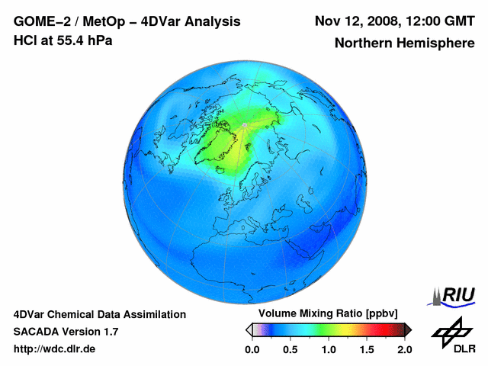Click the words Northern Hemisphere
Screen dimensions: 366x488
(x=404, y=43)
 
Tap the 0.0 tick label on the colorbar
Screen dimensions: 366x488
(x=252, y=349)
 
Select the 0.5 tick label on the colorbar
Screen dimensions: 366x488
(x=290, y=349)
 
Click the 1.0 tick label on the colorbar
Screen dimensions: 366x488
(x=328, y=349)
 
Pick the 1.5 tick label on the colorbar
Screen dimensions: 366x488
(x=366, y=349)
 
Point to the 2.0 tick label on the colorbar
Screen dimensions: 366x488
(x=404, y=349)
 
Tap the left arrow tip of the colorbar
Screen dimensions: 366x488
(x=249, y=329)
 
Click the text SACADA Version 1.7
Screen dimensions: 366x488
(x=66, y=332)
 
